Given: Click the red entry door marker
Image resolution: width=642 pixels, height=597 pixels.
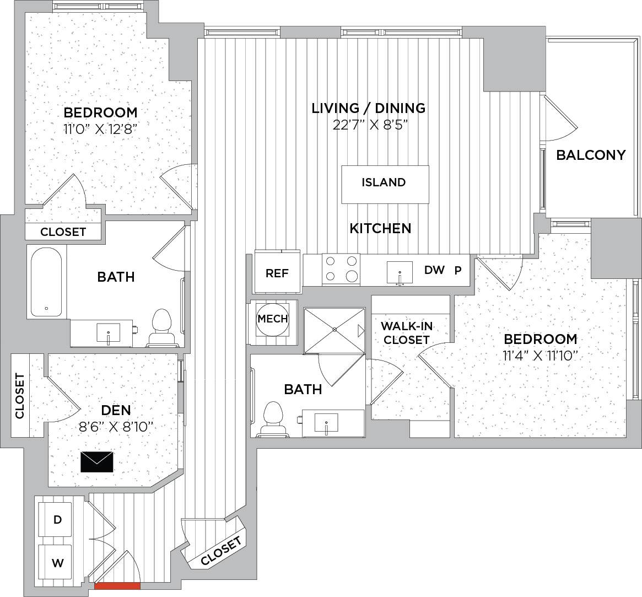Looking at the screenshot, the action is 117,585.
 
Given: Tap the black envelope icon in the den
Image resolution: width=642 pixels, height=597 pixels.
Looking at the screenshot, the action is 97,462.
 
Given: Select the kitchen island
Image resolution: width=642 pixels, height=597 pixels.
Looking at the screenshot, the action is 385,184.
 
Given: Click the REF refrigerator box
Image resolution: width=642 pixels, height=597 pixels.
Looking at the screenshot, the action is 277,271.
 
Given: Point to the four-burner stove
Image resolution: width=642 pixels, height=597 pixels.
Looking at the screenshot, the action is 341,270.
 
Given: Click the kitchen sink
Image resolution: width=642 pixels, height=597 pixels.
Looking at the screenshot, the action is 400,273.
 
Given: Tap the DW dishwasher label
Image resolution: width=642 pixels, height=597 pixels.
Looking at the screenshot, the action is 434,270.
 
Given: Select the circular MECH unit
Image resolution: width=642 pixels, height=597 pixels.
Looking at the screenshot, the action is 273,318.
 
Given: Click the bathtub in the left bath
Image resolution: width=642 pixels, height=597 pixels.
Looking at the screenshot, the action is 46,282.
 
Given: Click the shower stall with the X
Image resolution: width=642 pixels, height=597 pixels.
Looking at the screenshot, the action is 334,330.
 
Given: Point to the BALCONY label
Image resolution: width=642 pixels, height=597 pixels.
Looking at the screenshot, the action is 591,155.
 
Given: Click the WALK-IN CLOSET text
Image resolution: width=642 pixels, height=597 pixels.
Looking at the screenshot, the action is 406,333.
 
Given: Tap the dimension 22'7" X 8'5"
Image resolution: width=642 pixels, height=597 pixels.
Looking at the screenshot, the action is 370,125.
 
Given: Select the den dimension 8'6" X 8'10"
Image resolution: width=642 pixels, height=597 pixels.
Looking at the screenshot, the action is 116,427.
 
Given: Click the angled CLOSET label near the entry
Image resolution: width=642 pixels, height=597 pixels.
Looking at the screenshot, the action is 222,551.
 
